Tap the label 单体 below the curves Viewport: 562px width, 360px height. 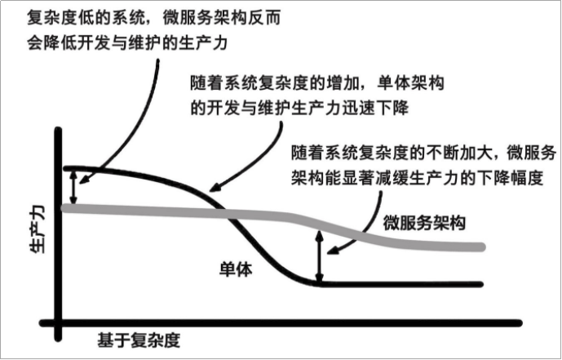tap(237, 266)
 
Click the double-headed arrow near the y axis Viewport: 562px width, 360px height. tap(74, 187)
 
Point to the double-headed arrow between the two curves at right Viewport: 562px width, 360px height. tap(321, 255)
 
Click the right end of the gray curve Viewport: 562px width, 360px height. tap(484, 247)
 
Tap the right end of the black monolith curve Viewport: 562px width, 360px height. tap(480, 285)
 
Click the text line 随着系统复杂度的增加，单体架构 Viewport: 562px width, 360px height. tap(321, 84)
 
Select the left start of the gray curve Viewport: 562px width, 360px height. tap(64, 209)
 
